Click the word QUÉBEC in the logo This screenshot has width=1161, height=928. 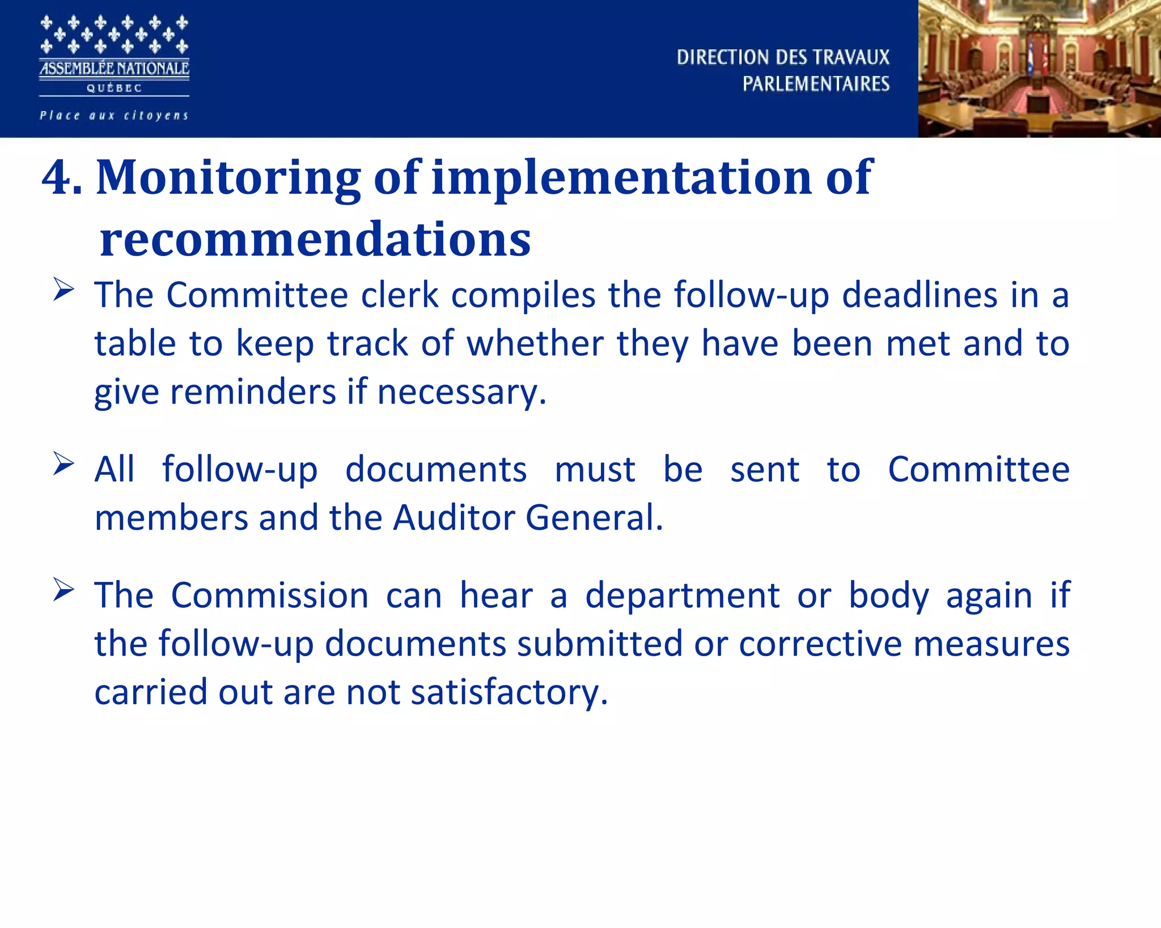click(x=114, y=88)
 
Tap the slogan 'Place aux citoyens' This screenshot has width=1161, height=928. click(x=114, y=116)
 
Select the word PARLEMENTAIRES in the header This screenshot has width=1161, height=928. click(x=816, y=84)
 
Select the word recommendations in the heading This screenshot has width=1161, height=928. click(x=315, y=239)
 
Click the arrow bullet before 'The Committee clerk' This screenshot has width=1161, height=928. click(x=63, y=290)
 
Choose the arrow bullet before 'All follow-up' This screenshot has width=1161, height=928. click(x=63, y=464)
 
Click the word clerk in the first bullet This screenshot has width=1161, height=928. click(x=400, y=295)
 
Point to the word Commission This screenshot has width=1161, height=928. click(x=270, y=595)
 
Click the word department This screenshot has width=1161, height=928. click(x=683, y=597)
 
